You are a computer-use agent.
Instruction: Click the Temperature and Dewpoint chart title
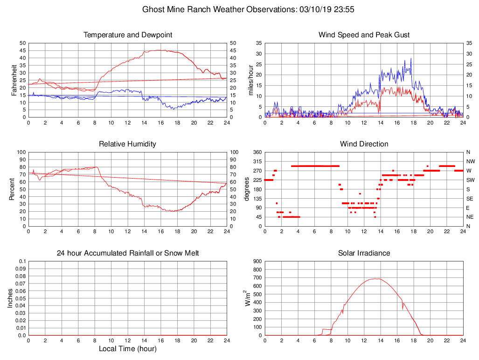click(x=127, y=35)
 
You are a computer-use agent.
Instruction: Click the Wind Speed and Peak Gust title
click(x=364, y=35)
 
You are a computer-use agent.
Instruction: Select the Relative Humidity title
click(x=127, y=144)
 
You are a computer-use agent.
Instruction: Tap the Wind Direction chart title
click(x=364, y=144)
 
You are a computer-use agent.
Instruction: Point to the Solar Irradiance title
click(x=364, y=253)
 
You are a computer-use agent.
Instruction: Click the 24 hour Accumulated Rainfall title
click(x=127, y=253)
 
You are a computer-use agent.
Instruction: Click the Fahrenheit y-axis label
click(x=14, y=80)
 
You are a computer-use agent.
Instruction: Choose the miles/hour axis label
click(x=251, y=80)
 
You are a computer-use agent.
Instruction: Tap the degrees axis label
click(x=247, y=189)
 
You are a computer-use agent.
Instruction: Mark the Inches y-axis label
click(x=10, y=298)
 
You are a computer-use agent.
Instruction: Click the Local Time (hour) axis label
click(x=127, y=349)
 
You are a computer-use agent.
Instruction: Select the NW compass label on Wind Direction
click(x=468, y=161)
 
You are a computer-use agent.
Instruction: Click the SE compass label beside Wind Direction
click(x=468, y=198)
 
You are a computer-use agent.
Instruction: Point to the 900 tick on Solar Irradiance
click(x=257, y=261)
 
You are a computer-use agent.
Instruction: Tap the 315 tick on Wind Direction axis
click(x=257, y=161)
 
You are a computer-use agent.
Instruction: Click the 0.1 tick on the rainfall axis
click(x=22, y=261)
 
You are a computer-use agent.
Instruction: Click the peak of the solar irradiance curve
click(x=375, y=279)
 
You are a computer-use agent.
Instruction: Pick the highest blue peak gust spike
click(x=411, y=58)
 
